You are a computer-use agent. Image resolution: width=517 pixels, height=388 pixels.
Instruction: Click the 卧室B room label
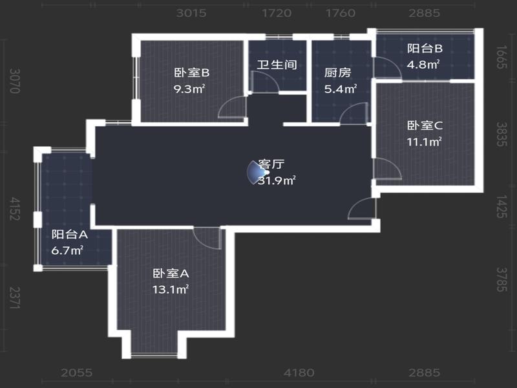[191, 72]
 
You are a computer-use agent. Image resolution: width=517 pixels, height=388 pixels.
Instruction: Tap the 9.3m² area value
[189, 89]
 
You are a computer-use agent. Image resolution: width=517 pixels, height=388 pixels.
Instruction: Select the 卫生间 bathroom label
[277, 64]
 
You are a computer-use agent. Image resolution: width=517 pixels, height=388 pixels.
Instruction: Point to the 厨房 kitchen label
[337, 72]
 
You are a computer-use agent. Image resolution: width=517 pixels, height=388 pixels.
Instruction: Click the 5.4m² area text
[341, 89]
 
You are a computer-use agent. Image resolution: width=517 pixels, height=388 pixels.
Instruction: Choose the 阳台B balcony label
[425, 48]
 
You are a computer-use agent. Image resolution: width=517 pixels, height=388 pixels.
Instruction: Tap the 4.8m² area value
[423, 64]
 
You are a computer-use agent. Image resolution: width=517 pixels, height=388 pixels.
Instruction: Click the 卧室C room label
[425, 125]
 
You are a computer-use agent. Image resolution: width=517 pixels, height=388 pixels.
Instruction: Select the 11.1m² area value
[424, 142]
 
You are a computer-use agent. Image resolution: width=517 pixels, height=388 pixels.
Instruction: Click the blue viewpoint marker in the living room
[257, 172]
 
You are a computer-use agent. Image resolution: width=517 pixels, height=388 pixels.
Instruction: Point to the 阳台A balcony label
[70, 235]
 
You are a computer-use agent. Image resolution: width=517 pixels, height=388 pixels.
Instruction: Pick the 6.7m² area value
[67, 251]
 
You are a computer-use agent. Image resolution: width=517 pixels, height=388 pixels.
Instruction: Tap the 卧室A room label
[171, 274]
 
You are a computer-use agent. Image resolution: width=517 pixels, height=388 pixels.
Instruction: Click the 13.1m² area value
[170, 290]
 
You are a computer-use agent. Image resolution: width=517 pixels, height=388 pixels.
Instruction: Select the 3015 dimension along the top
[191, 13]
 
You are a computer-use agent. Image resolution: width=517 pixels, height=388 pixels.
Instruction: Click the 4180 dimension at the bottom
[299, 373]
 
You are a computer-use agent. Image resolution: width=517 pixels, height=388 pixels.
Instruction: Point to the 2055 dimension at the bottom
[77, 373]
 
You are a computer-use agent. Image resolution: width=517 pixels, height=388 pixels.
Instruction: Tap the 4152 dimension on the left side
[15, 209]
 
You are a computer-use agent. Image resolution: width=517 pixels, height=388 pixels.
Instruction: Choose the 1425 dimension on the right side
[501, 206]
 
